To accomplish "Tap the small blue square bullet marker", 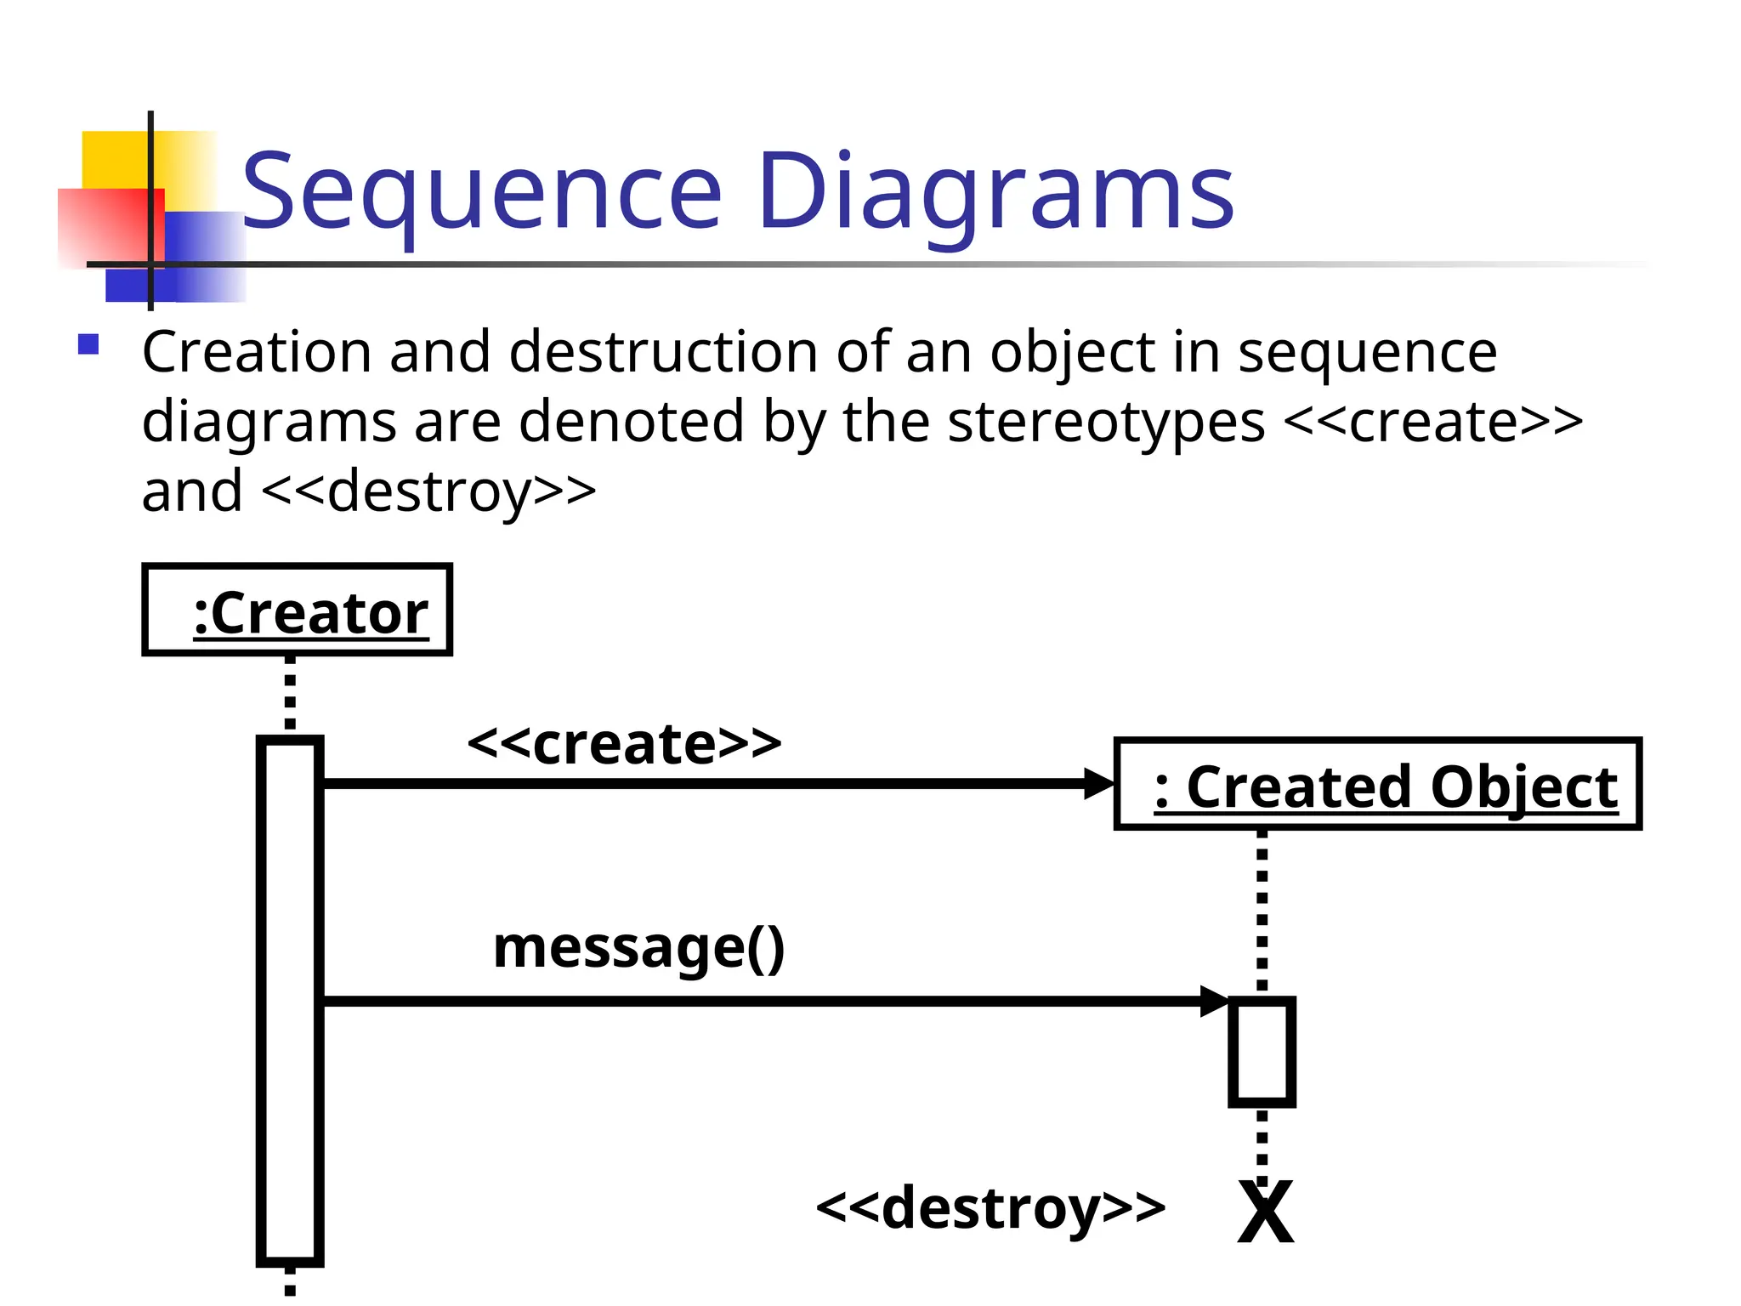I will click(x=88, y=344).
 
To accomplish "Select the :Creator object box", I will click(x=297, y=610).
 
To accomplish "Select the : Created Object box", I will click(x=1377, y=784).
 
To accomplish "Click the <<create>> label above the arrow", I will click(x=624, y=743).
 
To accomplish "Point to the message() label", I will click(x=638, y=947).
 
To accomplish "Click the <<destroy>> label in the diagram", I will click(x=990, y=1207).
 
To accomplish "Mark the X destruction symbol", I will click(x=1265, y=1213).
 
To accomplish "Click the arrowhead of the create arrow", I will click(x=1098, y=783).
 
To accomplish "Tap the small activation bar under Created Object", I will click(x=1262, y=1053).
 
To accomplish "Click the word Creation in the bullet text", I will click(x=257, y=352).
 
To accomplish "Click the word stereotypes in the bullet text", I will click(x=1105, y=422).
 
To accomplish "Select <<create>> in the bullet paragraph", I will click(x=1432, y=422).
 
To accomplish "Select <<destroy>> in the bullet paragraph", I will click(x=428, y=491).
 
